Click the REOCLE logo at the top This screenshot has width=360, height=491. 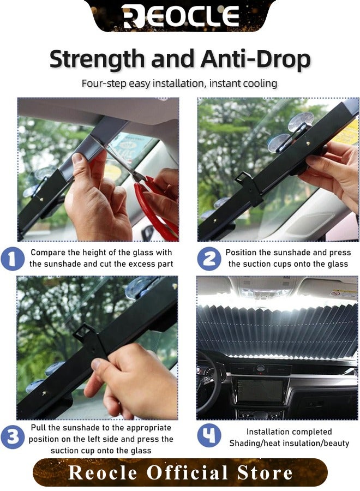tap(181, 16)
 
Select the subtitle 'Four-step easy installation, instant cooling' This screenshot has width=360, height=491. tap(179, 83)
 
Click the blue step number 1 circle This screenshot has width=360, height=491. tap(13, 258)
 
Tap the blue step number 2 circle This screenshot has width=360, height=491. tap(209, 258)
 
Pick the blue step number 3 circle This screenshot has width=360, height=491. tap(13, 438)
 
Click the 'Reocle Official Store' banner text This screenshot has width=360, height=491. tap(180, 472)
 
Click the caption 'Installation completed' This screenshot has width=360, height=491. tap(289, 432)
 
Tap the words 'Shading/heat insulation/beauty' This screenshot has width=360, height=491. tap(289, 443)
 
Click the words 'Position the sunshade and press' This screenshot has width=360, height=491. tap(288, 253)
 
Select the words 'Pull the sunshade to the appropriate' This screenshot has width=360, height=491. tap(101, 428)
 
